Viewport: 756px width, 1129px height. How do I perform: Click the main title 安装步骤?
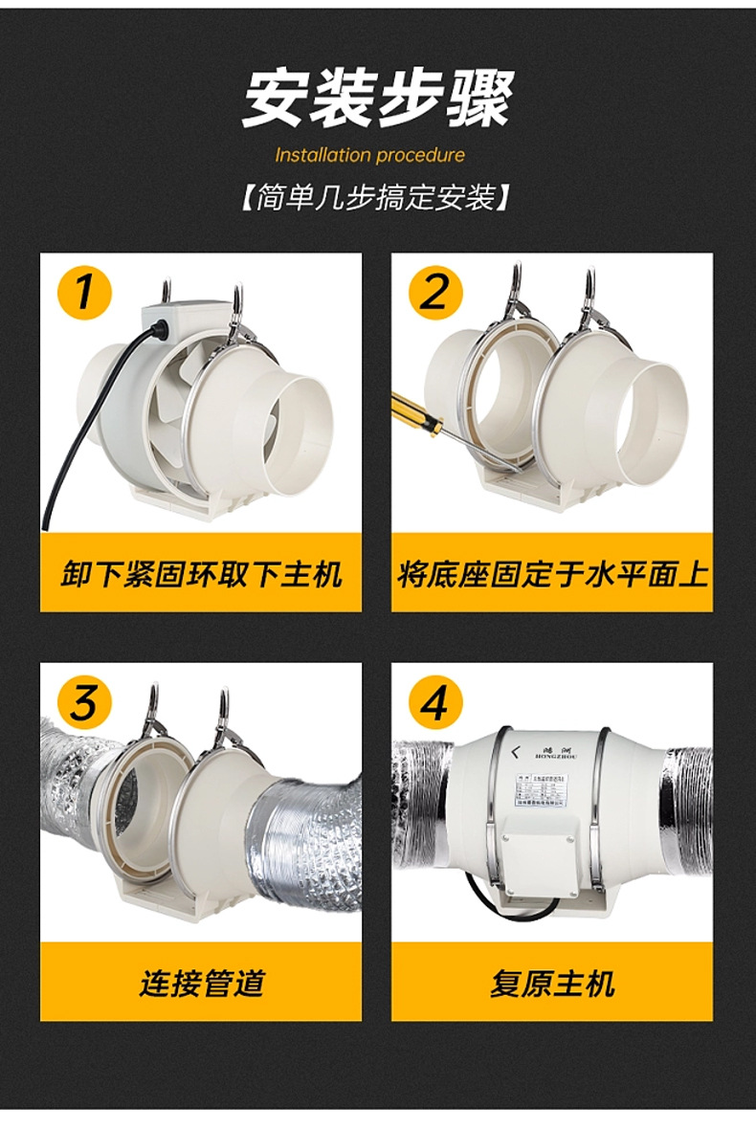377,98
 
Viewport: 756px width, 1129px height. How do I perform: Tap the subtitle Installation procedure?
369,155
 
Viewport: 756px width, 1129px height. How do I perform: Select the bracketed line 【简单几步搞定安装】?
376,199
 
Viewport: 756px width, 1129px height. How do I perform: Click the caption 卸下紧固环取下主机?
201,574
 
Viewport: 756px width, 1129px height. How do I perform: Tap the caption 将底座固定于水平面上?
552,574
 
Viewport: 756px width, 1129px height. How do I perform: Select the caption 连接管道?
201,983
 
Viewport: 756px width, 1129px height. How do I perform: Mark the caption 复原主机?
552,983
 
